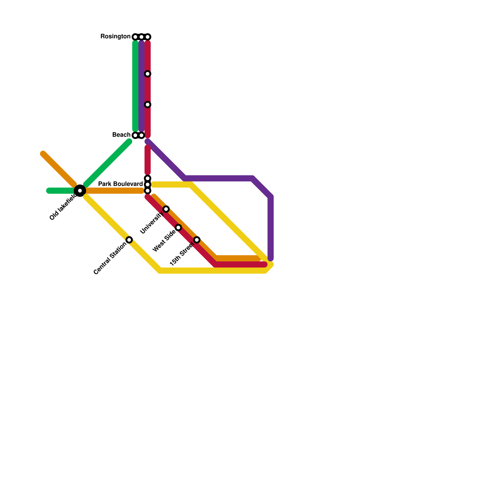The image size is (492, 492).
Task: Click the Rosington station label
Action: tap(115, 37)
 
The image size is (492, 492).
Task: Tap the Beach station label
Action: tap(121, 135)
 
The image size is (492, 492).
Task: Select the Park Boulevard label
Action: tap(120, 184)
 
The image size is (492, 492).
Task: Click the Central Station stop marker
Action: tap(129, 240)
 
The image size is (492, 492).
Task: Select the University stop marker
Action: tap(166, 209)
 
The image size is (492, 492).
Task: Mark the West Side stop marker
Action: tap(178, 228)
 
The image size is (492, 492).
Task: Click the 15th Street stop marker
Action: tap(197, 240)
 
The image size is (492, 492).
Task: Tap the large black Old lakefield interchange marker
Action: tap(80, 191)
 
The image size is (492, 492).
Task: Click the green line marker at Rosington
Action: tap(135, 37)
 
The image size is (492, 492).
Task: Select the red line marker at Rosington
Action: tap(148, 37)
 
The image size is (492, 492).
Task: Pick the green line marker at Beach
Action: tap(135, 135)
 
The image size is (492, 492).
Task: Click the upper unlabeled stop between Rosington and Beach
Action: tap(148, 74)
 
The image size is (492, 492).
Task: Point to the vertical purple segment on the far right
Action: tap(271, 228)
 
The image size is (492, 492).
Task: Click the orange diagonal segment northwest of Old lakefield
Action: tap(58, 169)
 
